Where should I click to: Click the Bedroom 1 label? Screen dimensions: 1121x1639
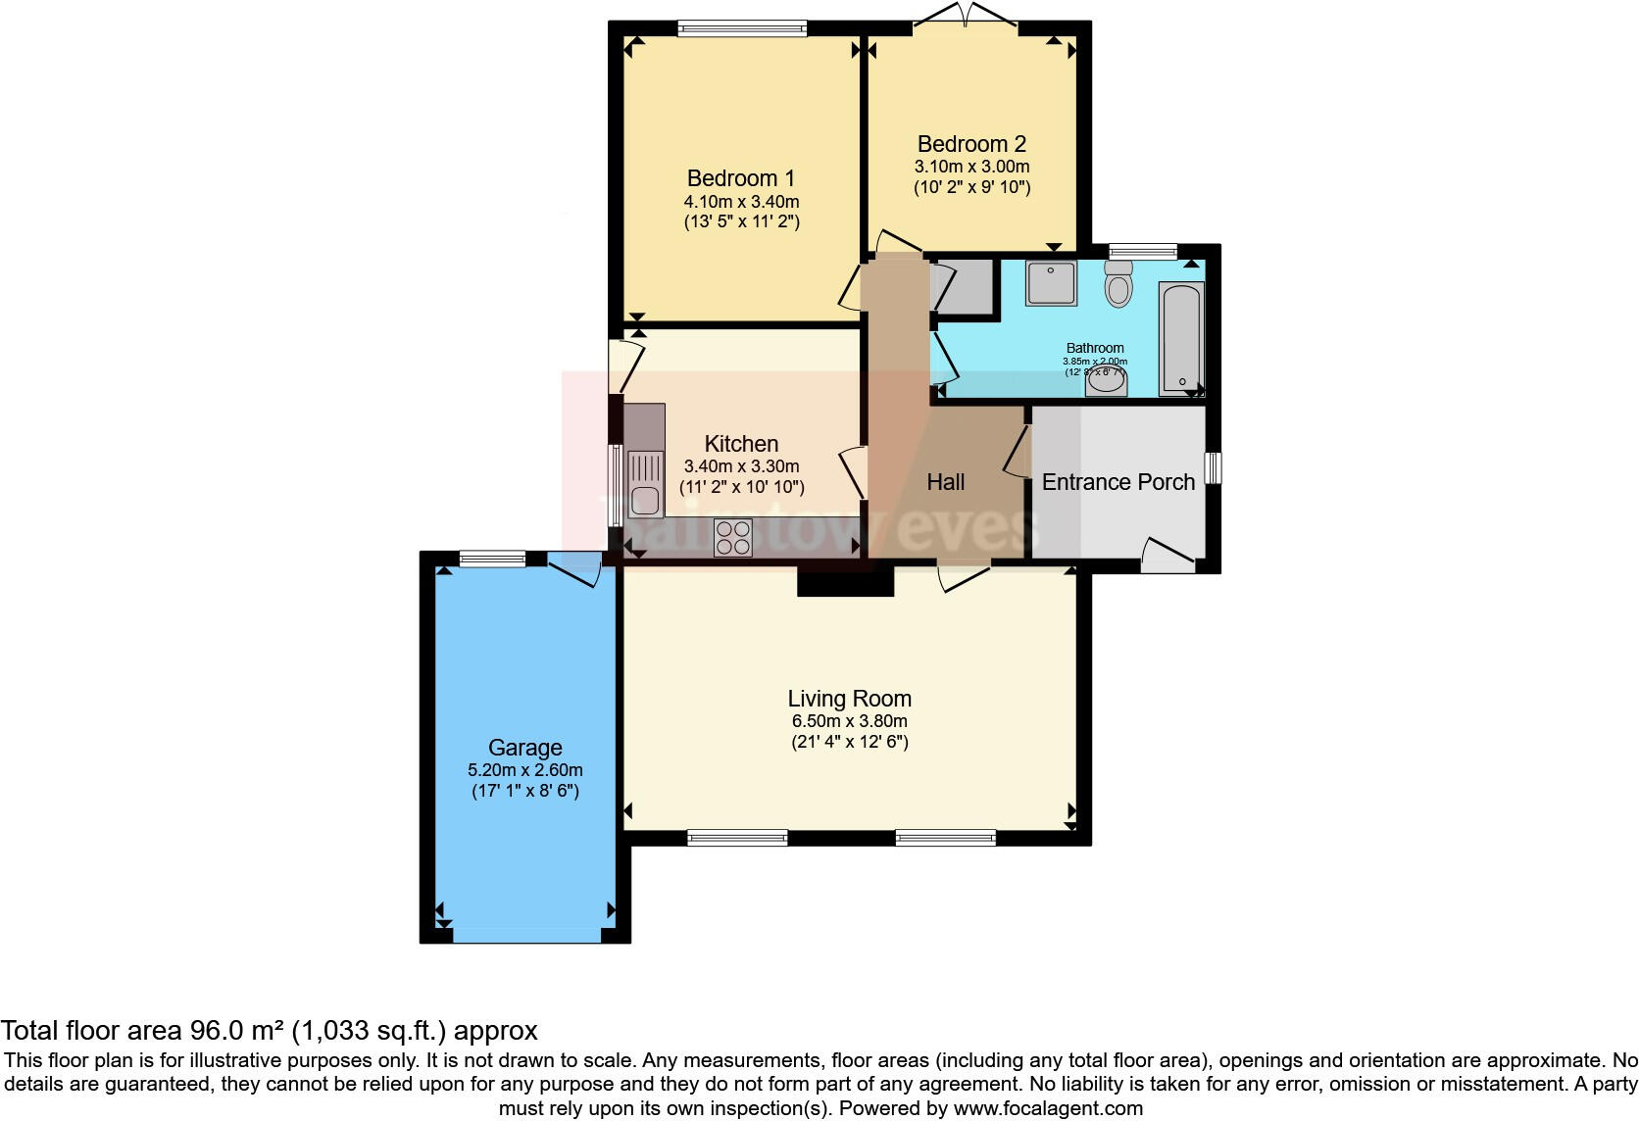coord(741,178)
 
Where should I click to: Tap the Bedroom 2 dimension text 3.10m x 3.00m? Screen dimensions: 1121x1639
coord(971,167)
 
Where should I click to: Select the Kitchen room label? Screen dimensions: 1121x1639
coord(741,444)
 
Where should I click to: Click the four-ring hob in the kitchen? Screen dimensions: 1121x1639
coord(733,537)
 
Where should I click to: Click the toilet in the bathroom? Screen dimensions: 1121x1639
coord(1117,285)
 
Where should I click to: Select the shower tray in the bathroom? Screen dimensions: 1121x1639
coord(1051,283)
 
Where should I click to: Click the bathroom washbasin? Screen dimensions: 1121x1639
coord(1106,382)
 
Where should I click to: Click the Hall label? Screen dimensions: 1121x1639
coord(946,482)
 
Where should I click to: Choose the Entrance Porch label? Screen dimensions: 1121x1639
coord(1118,482)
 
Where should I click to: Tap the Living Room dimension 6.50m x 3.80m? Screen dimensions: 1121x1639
coord(850,721)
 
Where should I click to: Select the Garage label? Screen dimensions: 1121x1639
coord(525,748)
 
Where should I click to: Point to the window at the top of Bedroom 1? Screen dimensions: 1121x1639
coord(742,28)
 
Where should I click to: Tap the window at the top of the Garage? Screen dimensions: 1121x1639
coord(492,560)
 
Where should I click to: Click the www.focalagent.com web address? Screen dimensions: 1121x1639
coord(1048,1108)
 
